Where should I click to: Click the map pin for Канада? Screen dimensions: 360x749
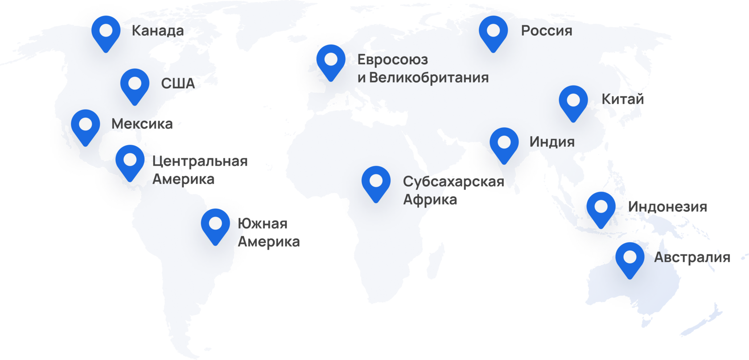pyautogui.click(x=106, y=32)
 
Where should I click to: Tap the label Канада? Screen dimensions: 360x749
pyautogui.click(x=157, y=31)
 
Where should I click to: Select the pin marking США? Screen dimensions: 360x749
pyautogui.click(x=135, y=85)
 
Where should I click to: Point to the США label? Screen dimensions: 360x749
pyautogui.click(x=178, y=83)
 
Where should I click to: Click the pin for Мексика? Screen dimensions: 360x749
pyautogui.click(x=86, y=126)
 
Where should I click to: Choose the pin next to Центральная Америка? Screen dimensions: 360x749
pyautogui.click(x=130, y=161)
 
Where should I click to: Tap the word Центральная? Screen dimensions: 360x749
pyautogui.click(x=200, y=161)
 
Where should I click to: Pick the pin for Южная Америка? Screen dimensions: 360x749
pyautogui.click(x=215, y=225)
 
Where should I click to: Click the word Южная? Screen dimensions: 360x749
pyautogui.click(x=263, y=224)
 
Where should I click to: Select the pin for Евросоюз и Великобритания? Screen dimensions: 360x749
pyautogui.click(x=331, y=61)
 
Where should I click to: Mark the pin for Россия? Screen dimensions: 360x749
pyautogui.click(x=493, y=32)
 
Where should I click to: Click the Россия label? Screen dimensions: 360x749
pyautogui.click(x=547, y=31)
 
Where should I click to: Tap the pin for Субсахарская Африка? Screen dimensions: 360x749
pyautogui.click(x=376, y=182)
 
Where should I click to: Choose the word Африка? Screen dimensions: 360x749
pyautogui.click(x=430, y=200)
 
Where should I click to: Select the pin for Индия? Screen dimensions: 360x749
pyautogui.click(x=504, y=144)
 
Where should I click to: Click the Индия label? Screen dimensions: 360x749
pyautogui.click(x=552, y=142)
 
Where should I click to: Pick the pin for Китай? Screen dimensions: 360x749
pyautogui.click(x=573, y=102)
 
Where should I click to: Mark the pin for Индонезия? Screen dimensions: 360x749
pyautogui.click(x=601, y=208)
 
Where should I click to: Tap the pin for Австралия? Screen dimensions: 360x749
pyautogui.click(x=630, y=258)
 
